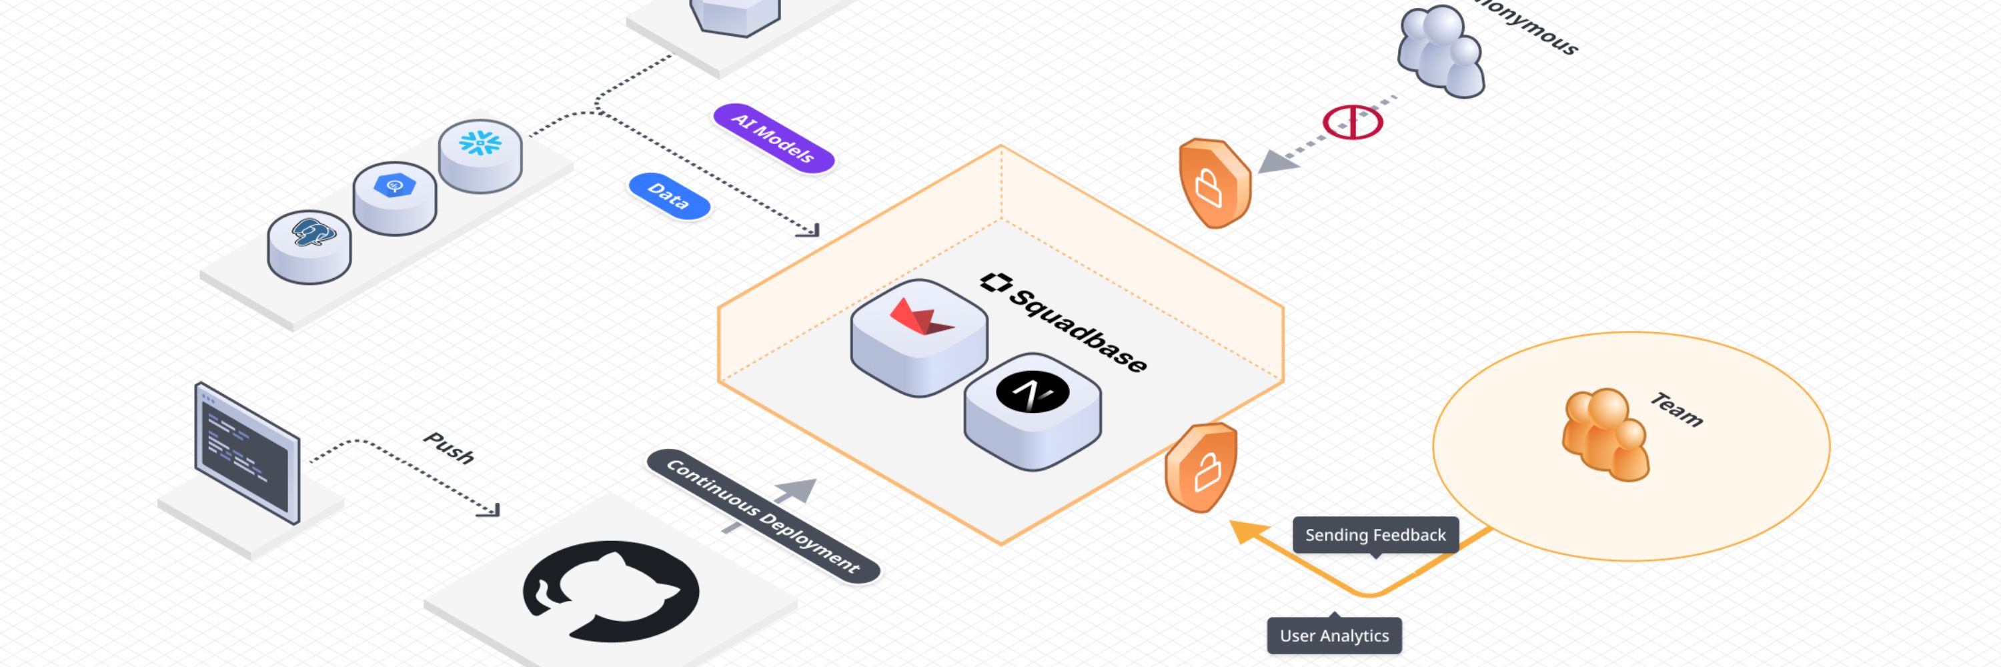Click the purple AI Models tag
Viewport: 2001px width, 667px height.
tap(773, 137)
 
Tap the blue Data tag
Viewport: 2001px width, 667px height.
tap(669, 195)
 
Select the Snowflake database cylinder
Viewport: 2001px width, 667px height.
tap(480, 155)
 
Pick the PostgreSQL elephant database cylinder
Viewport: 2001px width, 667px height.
tap(309, 245)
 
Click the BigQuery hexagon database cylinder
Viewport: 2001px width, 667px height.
tap(395, 197)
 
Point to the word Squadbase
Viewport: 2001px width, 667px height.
tap(1078, 329)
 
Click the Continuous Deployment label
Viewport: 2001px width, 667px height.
tap(763, 516)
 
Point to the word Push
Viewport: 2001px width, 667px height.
tap(449, 448)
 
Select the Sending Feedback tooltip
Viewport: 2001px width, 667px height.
tap(1375, 535)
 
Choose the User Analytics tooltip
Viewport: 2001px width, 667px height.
tap(1334, 635)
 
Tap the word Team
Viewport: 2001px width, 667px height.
tap(1676, 410)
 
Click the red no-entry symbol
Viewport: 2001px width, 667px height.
tap(1353, 123)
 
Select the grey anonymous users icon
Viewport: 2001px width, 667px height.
tap(1441, 51)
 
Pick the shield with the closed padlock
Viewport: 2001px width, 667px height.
tap(1214, 183)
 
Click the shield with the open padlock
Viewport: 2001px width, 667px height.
tap(1202, 468)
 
